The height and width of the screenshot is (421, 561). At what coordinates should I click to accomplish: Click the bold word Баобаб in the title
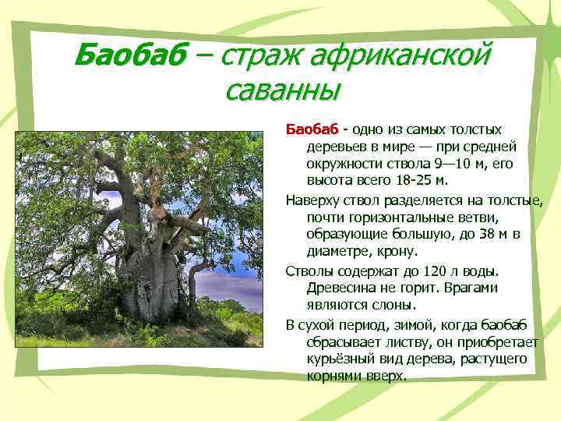(x=130, y=56)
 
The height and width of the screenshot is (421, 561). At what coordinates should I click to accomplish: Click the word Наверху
(x=312, y=200)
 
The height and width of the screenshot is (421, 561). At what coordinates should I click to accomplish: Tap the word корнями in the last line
(x=333, y=376)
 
